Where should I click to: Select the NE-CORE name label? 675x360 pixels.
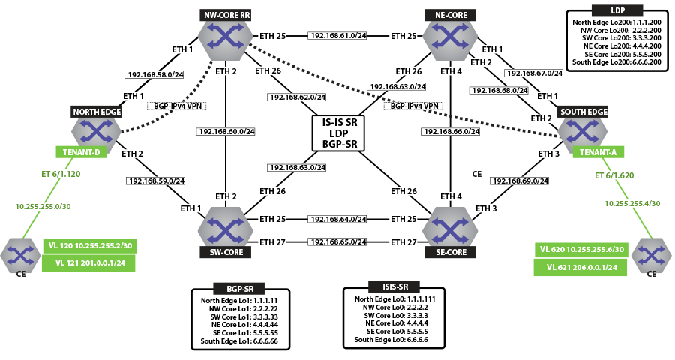tap(450, 15)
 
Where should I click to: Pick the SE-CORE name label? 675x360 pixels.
tap(450, 252)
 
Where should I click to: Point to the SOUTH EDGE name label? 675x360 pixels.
tap(583, 112)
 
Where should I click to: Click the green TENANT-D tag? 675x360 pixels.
tap(81, 152)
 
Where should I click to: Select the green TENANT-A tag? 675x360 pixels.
tap(598, 152)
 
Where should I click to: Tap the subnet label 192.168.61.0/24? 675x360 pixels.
tap(337, 36)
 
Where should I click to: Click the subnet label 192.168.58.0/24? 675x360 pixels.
tap(155, 75)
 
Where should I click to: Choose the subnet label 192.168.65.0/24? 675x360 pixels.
tap(337, 242)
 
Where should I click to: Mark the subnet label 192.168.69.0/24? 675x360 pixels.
tap(520, 181)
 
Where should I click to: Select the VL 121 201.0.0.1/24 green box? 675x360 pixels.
tap(88, 262)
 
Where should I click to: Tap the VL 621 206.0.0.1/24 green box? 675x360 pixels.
tap(580, 267)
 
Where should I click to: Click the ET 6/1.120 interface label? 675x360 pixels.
tap(61, 175)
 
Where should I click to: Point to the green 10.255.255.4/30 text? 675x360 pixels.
tap(632, 204)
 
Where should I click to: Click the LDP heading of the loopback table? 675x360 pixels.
tap(617, 10)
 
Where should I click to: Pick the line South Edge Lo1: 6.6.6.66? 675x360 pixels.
tap(239, 341)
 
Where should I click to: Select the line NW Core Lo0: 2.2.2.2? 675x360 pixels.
tap(395, 307)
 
